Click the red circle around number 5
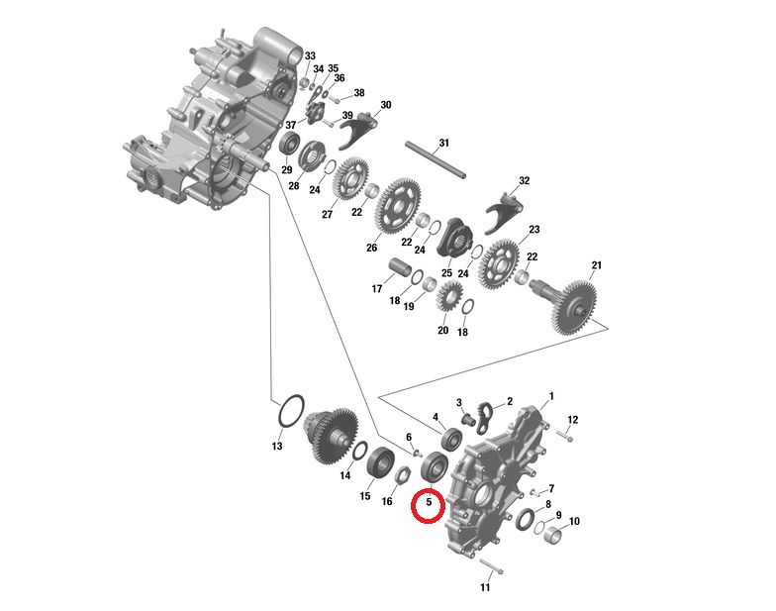pos(429,507)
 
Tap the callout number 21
pos(595,264)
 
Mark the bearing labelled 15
pos(380,461)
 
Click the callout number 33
pos(310,55)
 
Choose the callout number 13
pos(277,447)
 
